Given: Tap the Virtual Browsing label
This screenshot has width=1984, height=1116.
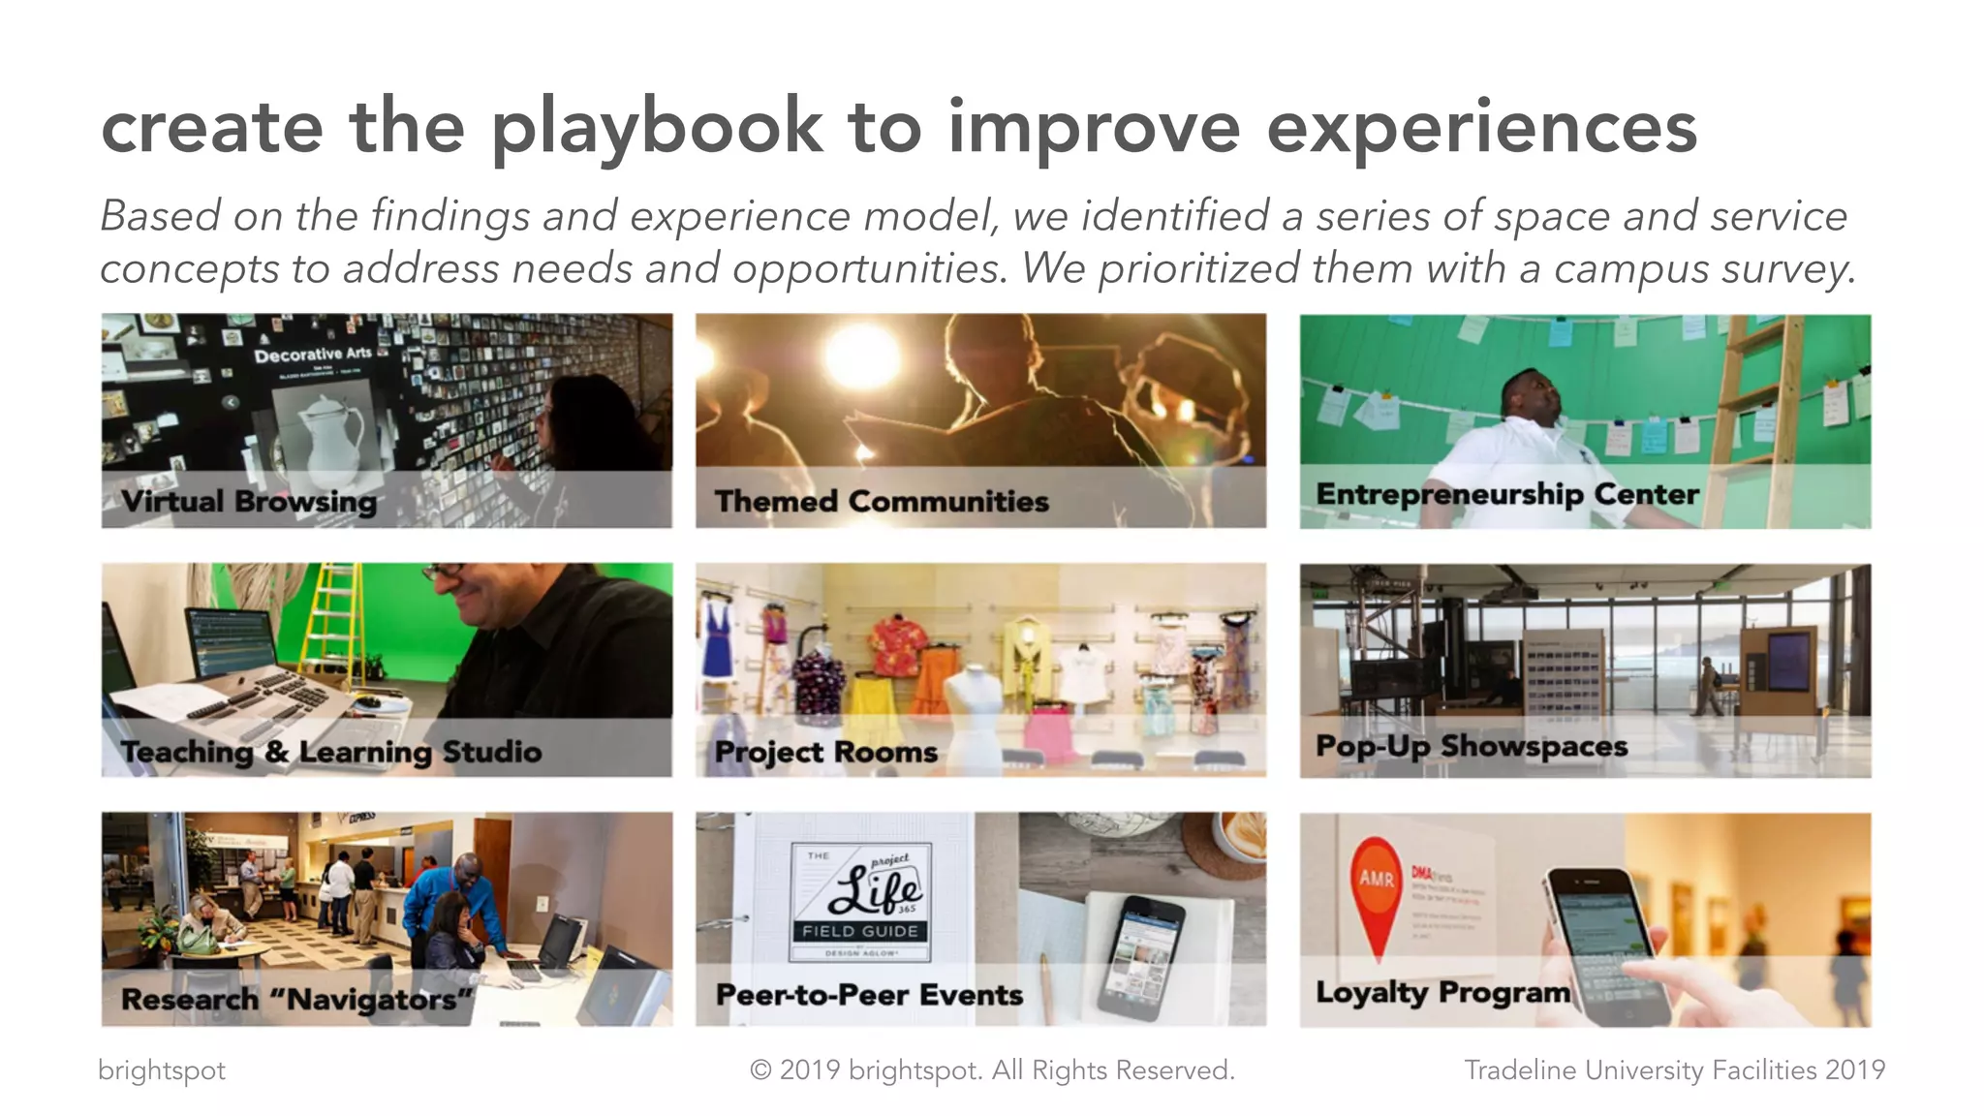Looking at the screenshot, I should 249,502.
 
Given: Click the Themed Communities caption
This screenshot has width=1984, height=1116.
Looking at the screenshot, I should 882,502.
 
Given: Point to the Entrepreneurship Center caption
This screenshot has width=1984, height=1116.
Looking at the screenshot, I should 1506,495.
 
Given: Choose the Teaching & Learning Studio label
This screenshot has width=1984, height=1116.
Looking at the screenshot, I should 331,752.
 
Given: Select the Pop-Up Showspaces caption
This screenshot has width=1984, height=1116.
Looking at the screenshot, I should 1472,746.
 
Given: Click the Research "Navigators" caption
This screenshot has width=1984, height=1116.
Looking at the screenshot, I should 296,999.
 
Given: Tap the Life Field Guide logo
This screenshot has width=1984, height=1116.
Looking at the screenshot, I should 860,900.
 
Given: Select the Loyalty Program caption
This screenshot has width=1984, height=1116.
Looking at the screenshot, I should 1442,993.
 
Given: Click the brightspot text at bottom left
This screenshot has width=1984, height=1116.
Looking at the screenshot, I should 162,1070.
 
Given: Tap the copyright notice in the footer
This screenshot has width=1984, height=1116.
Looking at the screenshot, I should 992,1070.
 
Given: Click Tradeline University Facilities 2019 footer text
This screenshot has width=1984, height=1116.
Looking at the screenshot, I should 1674,1070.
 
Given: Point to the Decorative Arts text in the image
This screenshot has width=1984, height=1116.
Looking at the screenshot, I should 313,355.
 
